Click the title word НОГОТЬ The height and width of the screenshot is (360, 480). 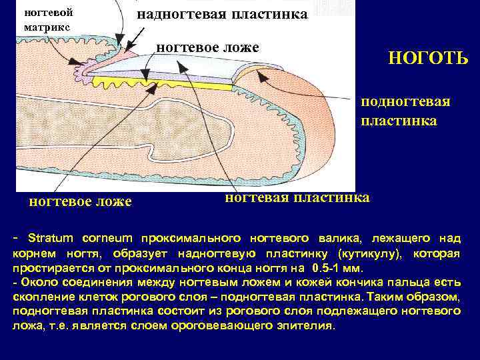point(428,59)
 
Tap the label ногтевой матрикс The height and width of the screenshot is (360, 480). point(48,20)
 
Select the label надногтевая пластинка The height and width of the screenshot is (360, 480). point(222,14)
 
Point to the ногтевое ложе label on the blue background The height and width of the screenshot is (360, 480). point(80,201)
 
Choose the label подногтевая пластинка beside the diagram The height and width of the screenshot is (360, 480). point(405,111)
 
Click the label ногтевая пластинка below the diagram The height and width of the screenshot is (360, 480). point(297,198)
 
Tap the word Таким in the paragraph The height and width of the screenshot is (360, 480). point(378,297)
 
